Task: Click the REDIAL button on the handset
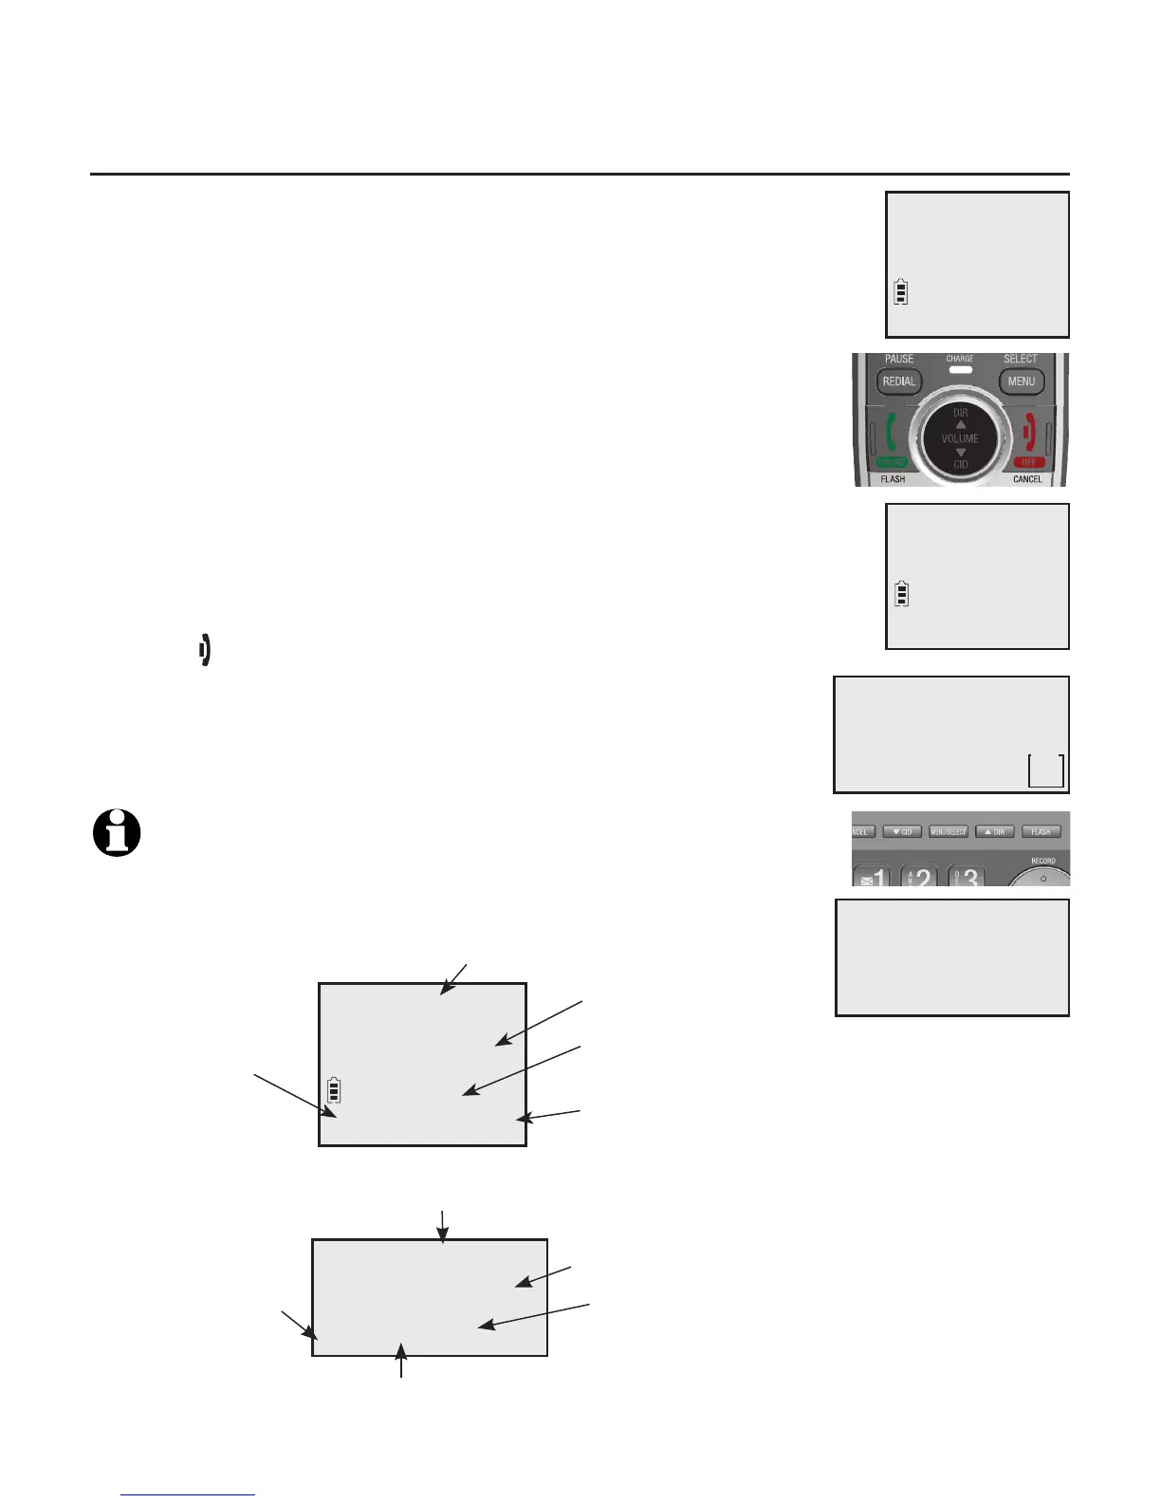point(899,381)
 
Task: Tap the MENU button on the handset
point(1021,381)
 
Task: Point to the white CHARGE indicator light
point(960,369)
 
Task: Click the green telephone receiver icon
point(891,433)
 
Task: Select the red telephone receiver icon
point(1028,433)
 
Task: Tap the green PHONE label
point(892,462)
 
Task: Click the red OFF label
point(1028,462)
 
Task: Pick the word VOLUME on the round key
point(960,438)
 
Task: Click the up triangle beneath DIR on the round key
point(960,424)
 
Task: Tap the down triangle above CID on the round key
point(960,452)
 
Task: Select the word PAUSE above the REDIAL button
point(899,359)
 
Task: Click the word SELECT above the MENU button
point(1021,359)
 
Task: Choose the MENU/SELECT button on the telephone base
point(949,832)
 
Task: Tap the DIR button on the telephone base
point(995,832)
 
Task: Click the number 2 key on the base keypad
point(920,878)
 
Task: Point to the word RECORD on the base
point(1043,861)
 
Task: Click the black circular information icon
point(117,834)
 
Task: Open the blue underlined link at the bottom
point(188,1494)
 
